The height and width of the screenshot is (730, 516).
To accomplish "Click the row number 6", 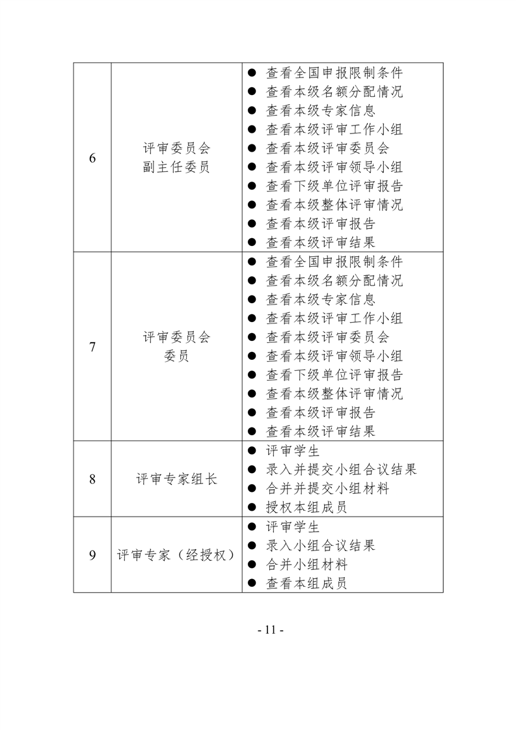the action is [92, 158].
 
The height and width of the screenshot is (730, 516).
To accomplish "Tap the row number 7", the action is [92, 347].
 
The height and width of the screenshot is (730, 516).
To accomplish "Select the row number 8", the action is [92, 479].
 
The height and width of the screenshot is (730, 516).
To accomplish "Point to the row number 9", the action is [92, 555].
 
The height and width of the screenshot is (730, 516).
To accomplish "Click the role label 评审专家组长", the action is [176, 479].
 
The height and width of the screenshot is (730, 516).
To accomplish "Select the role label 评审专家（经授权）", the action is [176, 555].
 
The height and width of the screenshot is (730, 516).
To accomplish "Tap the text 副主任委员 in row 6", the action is [176, 167].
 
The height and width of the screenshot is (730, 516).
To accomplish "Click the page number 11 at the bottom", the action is [271, 630].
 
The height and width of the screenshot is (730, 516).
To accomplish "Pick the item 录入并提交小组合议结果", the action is [342, 469].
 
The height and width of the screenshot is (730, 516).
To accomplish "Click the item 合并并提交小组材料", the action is [327, 489].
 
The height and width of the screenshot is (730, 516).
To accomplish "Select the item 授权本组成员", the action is [306, 507].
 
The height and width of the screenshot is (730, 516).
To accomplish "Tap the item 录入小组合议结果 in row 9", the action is [320, 545].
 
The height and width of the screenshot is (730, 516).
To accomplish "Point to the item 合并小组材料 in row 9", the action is [306, 564].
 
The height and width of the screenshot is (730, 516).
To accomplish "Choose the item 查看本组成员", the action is [306, 583].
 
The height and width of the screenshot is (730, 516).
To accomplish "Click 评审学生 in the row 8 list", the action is [293, 451].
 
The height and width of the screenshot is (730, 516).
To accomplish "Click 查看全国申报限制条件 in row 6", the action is [334, 73].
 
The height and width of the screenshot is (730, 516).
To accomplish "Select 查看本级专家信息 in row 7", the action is [320, 299].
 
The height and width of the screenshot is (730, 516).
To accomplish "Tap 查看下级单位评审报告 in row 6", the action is [334, 186].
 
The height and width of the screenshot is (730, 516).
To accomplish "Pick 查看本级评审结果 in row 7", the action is [320, 431].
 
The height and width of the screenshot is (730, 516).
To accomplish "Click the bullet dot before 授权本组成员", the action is [252, 507].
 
